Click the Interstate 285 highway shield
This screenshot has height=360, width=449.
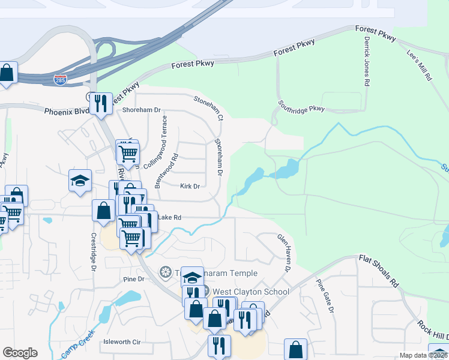[x=60, y=79]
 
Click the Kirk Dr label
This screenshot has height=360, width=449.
[x=190, y=186]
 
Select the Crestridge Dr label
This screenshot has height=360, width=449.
[x=94, y=252]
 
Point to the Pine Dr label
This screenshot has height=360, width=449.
[x=133, y=279]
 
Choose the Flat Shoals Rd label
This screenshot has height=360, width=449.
[x=379, y=271]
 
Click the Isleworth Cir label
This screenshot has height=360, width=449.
[x=122, y=341]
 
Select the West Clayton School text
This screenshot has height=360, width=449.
[x=250, y=292]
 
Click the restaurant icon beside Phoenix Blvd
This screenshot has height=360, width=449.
[x=101, y=102]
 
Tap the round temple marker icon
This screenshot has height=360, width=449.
[x=165, y=273]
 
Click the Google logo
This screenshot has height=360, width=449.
[x=20, y=353]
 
